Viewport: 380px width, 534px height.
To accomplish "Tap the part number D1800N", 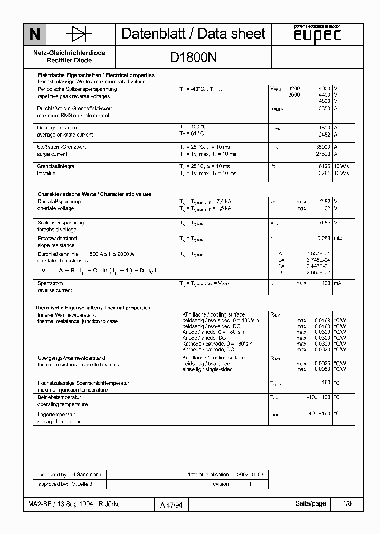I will (193, 59).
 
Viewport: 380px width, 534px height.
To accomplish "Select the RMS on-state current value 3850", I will (325, 108).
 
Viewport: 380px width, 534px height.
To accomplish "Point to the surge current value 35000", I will (322, 147).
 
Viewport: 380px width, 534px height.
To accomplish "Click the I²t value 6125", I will (324, 166).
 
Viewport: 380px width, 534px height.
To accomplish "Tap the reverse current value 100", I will (326, 283).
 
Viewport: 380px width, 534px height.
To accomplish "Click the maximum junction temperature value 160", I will (326, 383).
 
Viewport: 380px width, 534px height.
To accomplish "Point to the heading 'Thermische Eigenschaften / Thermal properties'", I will (93, 308).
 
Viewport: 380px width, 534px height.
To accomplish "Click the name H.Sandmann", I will (82, 475).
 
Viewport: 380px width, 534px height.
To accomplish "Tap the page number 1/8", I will (347, 504).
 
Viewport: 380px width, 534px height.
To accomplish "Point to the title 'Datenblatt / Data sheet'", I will (193, 34).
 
